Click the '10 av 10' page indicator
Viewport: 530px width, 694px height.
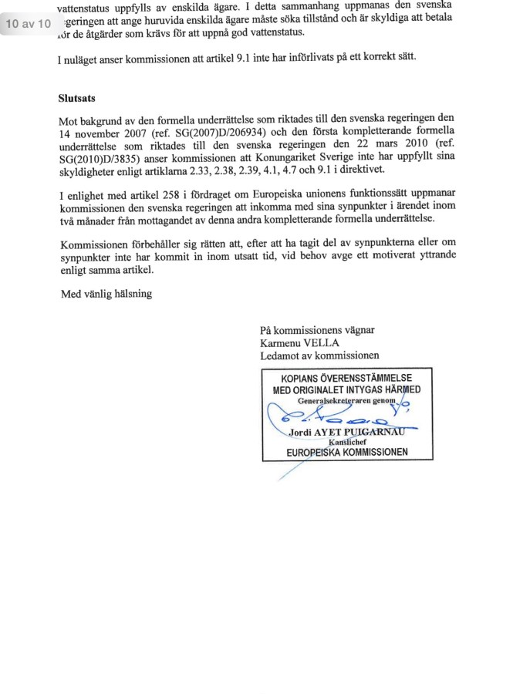pos(28,24)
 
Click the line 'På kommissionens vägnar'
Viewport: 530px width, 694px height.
pos(318,330)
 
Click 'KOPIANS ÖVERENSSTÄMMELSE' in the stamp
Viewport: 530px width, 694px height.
pos(346,378)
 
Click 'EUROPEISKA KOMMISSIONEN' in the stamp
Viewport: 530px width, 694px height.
pos(346,452)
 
